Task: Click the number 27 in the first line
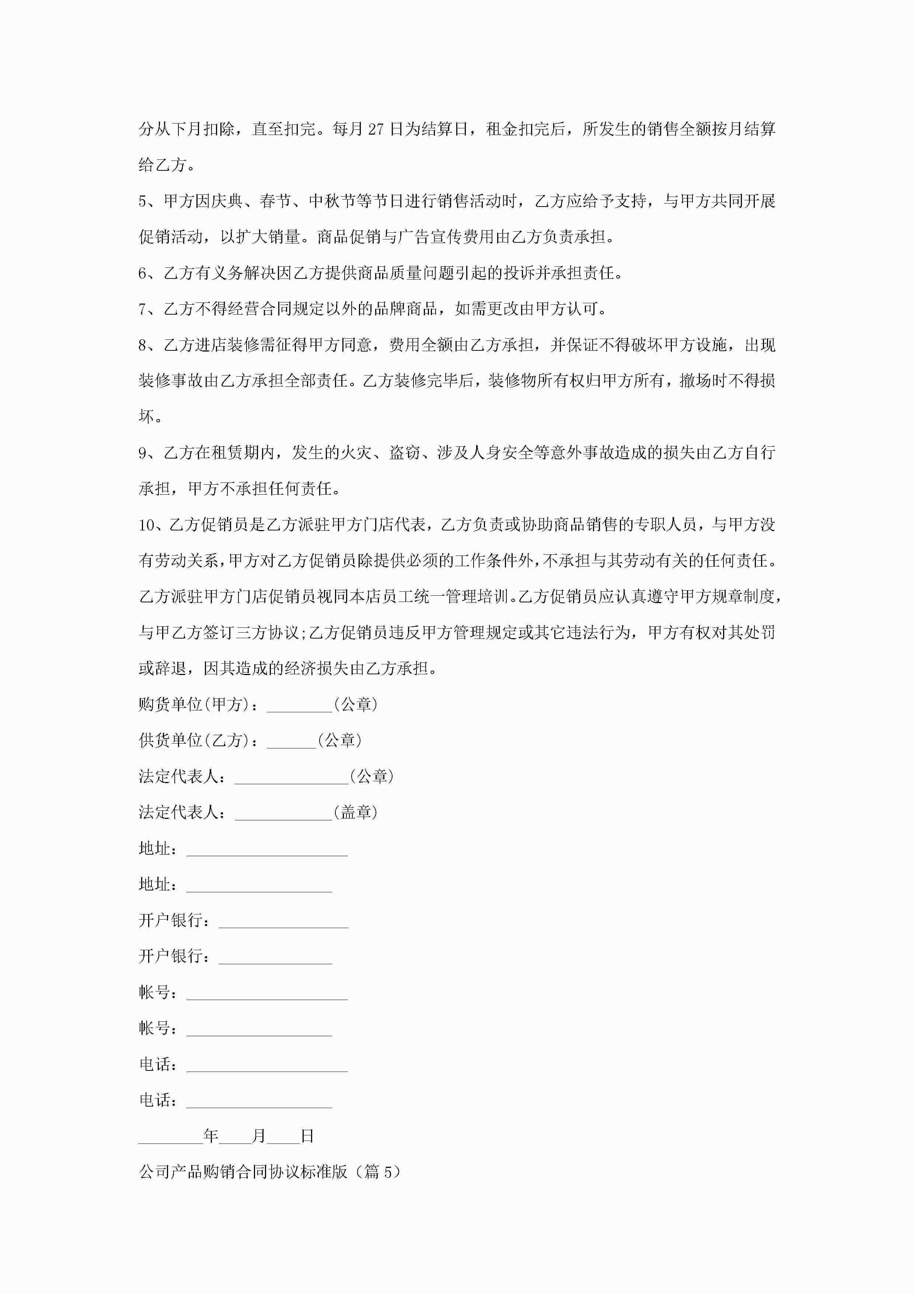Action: pyautogui.click(x=375, y=129)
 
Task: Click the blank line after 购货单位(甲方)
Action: pyautogui.click(x=300, y=706)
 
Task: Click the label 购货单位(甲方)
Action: pyautogui.click(x=194, y=705)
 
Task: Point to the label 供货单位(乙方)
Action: pyautogui.click(x=194, y=741)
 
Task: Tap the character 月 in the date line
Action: pyautogui.click(x=258, y=1136)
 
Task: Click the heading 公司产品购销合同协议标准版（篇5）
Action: pyautogui.click(x=270, y=1172)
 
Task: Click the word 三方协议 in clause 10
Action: pyautogui.click(x=268, y=633)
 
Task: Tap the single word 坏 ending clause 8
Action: pyautogui.click(x=146, y=417)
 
